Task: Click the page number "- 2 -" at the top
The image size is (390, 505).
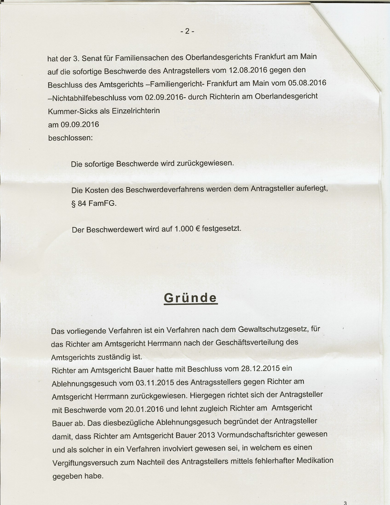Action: pos(187,31)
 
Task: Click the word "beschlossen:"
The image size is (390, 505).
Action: pos(70,138)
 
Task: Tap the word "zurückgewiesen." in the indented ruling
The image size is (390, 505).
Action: pos(206,163)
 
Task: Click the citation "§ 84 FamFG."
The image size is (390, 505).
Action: pos(94,204)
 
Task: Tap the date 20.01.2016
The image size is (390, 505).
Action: pos(144,409)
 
